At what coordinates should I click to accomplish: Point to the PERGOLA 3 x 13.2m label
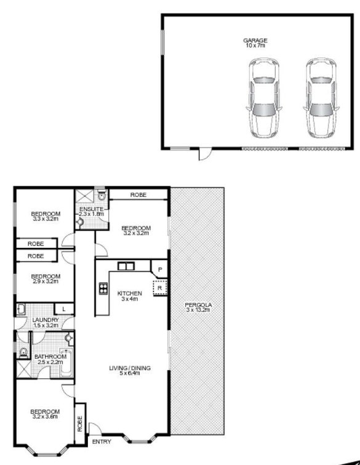[x=198, y=308]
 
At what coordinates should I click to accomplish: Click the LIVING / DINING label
[x=130, y=371]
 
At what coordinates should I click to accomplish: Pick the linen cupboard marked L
[x=63, y=309]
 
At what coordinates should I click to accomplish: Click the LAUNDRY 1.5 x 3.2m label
[x=47, y=323]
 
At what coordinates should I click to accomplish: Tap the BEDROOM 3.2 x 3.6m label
[x=46, y=414]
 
